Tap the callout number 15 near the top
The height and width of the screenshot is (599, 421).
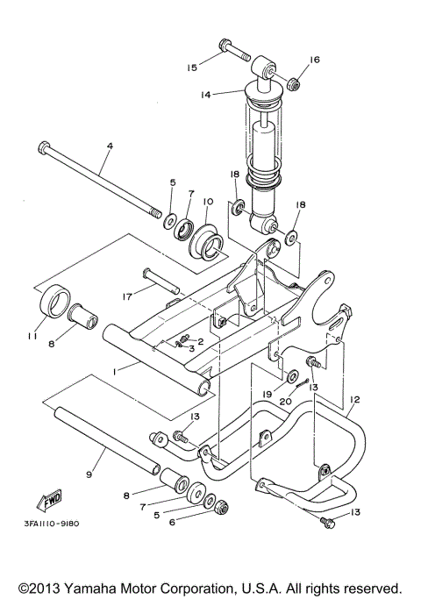pos(191,65)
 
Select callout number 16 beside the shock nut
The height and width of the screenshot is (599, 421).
pos(315,61)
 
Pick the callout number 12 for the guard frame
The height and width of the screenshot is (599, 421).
pos(353,399)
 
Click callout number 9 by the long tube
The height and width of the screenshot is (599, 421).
pos(89,474)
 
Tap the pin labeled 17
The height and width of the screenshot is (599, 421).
pos(161,282)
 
